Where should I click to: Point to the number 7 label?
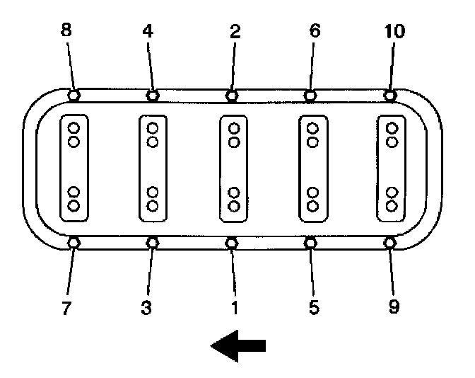coord(66,309)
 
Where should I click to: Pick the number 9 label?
coord(394,309)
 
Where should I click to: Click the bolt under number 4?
coord(153,95)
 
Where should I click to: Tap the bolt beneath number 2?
coord(232,95)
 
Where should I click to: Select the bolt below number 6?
coord(310,95)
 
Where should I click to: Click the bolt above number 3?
coord(153,243)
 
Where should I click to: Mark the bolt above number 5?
coord(310,243)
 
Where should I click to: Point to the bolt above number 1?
coord(232,243)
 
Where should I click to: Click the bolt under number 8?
coord(74,95)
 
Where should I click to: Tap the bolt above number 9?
coord(389,243)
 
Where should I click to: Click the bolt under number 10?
coord(389,95)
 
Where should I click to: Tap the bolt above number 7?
coord(74,243)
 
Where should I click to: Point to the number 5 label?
coord(315,309)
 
